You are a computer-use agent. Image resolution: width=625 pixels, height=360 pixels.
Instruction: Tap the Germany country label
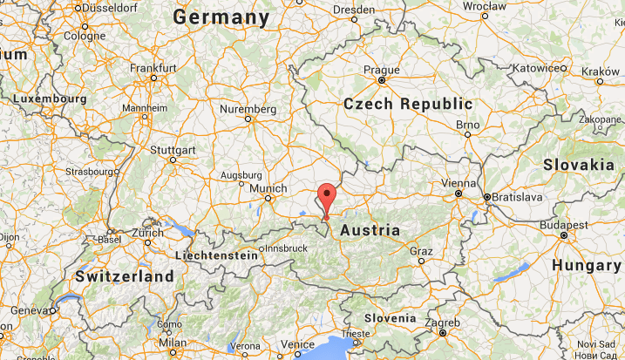[221, 17]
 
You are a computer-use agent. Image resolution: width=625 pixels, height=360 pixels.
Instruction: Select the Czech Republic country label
[408, 104]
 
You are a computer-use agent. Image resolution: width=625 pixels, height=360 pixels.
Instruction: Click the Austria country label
[370, 231]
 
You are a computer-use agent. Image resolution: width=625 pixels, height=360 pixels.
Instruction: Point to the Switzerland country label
[125, 275]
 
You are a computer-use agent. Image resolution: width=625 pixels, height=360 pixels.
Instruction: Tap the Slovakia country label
[578, 164]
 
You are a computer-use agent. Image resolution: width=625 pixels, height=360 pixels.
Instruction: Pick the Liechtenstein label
[217, 255]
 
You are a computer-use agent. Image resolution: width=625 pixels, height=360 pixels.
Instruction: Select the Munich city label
[268, 188]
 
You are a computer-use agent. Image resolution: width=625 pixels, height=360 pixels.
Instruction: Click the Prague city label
[382, 71]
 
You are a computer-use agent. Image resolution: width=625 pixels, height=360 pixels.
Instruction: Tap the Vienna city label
[459, 183]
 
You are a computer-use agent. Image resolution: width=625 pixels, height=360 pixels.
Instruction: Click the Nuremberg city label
[248, 110]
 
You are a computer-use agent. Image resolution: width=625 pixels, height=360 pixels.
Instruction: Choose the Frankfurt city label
[153, 67]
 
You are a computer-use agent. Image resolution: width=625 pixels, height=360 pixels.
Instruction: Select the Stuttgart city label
[173, 150]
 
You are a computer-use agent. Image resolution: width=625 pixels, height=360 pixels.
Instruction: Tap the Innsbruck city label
[286, 248]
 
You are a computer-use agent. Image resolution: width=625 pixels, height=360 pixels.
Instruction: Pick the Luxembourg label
[50, 99]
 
